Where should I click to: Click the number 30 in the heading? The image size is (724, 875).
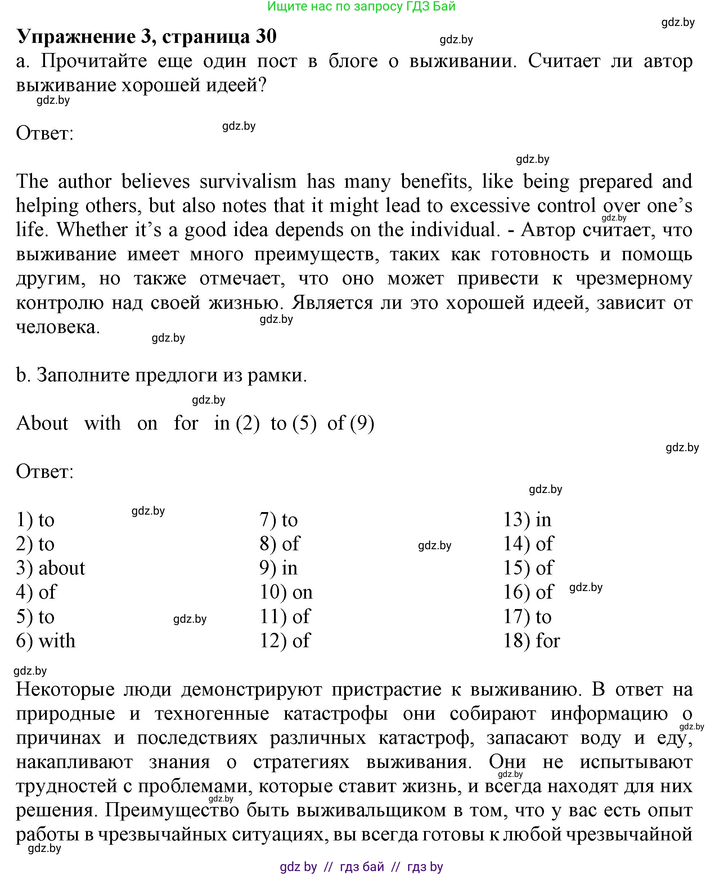point(266,37)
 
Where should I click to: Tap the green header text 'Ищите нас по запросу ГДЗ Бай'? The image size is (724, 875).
point(361,6)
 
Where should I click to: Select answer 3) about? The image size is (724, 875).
point(50,568)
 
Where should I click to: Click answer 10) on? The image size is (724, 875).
point(286,592)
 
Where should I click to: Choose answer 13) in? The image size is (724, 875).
point(527,520)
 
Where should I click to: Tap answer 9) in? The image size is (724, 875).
point(279,568)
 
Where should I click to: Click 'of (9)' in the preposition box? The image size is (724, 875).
point(351,423)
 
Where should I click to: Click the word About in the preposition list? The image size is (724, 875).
point(42,423)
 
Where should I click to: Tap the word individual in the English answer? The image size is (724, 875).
point(455,230)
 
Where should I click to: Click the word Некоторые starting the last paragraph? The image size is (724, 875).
point(65,689)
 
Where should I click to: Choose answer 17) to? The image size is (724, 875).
point(527,616)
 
